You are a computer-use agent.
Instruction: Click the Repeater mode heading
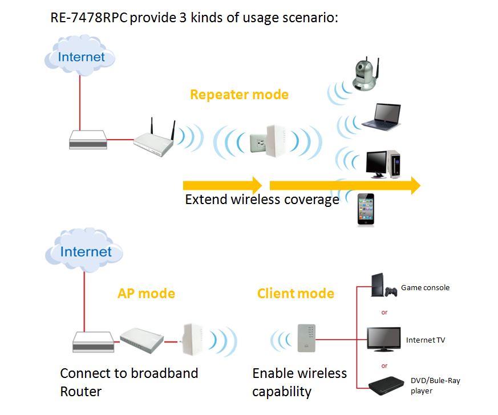(x=239, y=95)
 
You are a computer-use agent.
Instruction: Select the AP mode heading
(x=146, y=294)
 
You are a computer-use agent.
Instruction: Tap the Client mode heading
(x=295, y=294)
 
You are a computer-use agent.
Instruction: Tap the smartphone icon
(x=366, y=210)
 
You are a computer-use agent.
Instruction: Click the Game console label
(x=425, y=287)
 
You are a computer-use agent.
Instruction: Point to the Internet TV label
(x=426, y=340)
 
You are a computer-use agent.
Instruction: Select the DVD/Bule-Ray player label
(x=431, y=385)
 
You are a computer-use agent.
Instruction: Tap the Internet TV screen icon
(x=382, y=340)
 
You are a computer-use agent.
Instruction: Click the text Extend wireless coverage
(x=262, y=200)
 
